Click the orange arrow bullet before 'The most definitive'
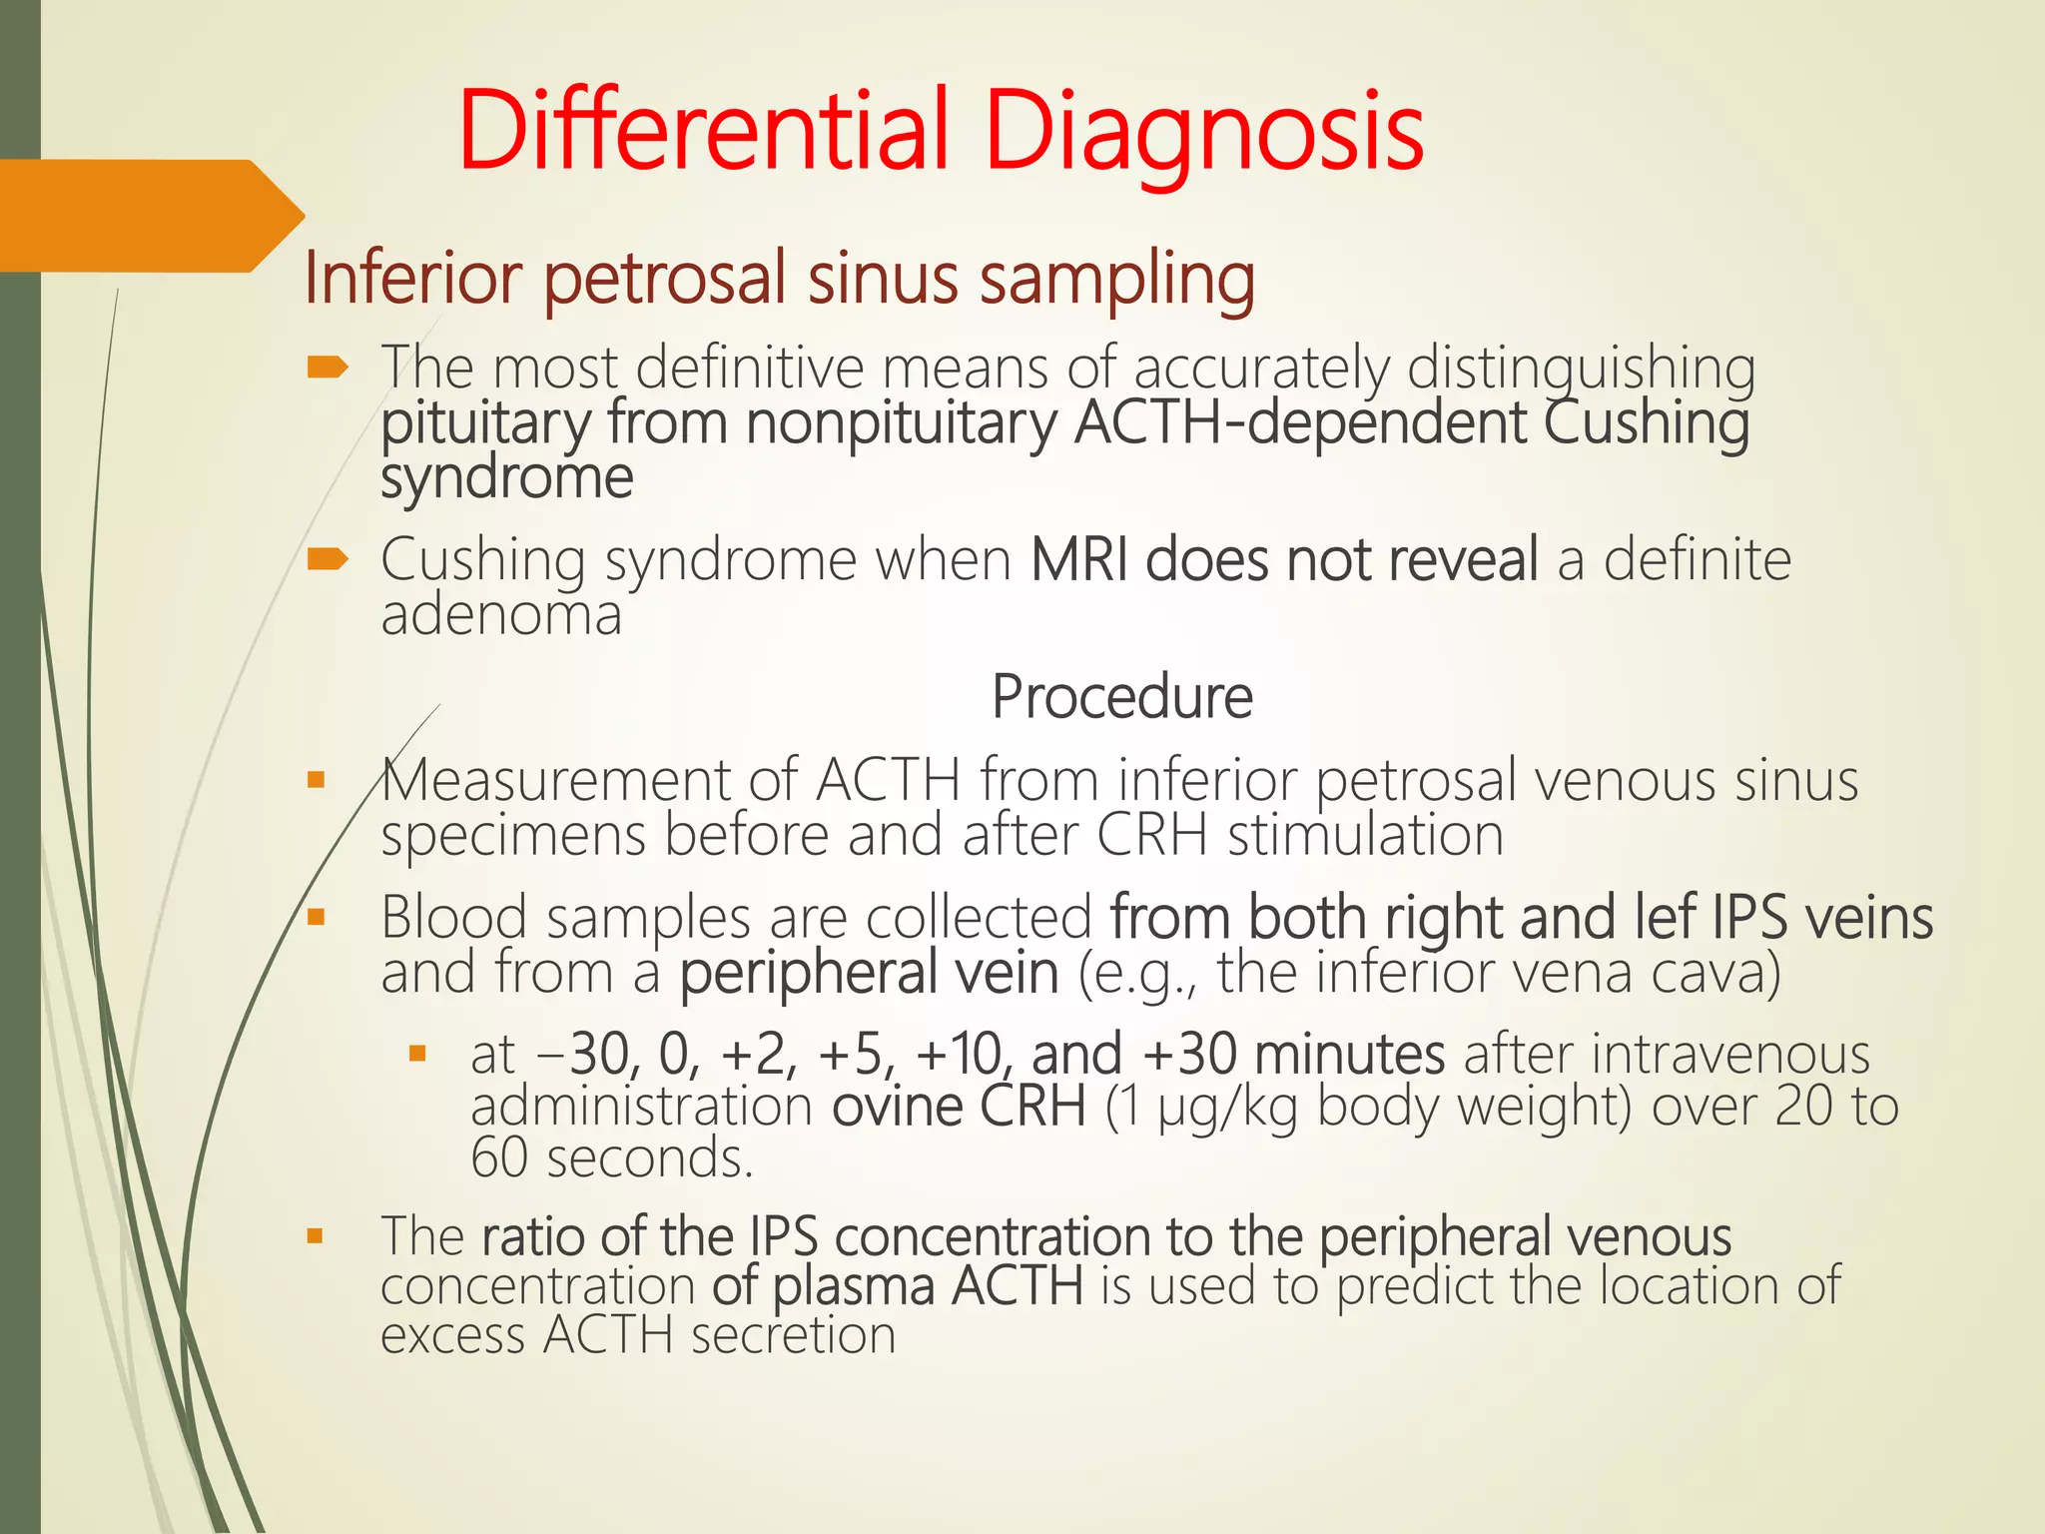(x=328, y=369)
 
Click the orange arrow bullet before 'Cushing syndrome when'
(x=328, y=559)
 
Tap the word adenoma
(x=501, y=615)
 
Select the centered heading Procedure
(x=1121, y=697)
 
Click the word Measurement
(x=555, y=781)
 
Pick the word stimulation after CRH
(x=1364, y=835)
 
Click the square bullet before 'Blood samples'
(x=317, y=917)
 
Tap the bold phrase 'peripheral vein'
(x=869, y=973)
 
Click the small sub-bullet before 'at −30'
(x=418, y=1053)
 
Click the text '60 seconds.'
(x=611, y=1159)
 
